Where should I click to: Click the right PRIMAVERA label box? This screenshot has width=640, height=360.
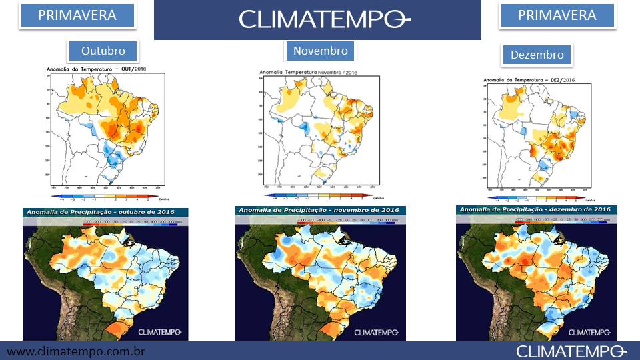[557, 15]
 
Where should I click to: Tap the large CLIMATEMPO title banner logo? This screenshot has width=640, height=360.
[317, 20]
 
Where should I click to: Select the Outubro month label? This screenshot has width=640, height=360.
[103, 51]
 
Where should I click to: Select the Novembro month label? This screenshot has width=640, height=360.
[320, 51]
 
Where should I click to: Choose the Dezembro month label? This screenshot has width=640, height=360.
[537, 55]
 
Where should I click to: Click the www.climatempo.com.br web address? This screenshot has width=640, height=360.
[76, 351]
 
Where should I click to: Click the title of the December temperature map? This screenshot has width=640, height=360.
[528, 80]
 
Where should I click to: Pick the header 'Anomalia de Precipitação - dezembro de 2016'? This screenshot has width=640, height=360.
[533, 210]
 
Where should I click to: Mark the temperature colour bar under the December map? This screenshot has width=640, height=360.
[533, 197]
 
